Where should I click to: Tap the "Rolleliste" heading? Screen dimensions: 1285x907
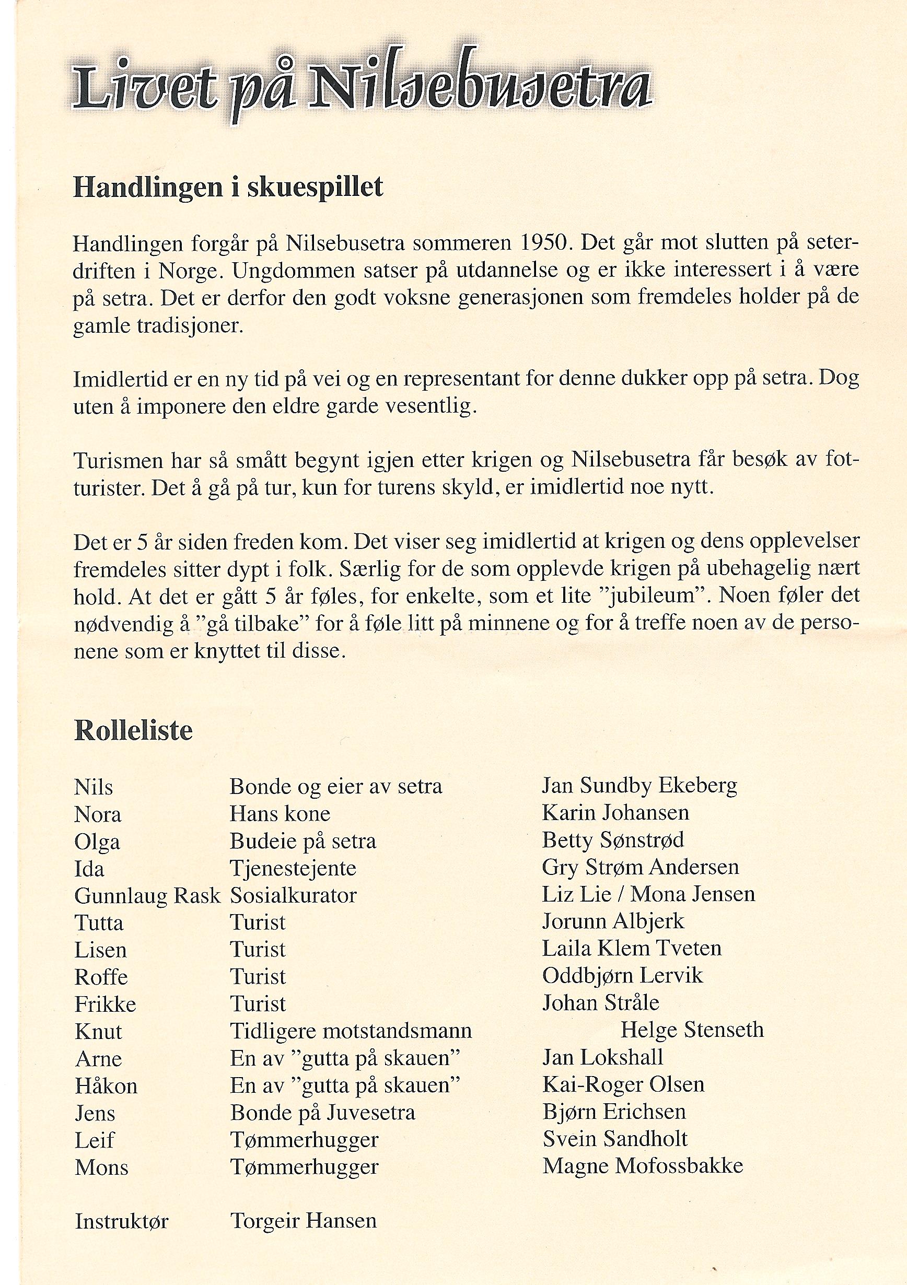pyautogui.click(x=133, y=731)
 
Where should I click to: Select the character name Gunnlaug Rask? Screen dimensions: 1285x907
pyautogui.click(x=147, y=896)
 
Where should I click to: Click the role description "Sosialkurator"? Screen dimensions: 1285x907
pyautogui.click(x=293, y=895)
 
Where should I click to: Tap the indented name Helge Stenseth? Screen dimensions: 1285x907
pyautogui.click(x=692, y=1030)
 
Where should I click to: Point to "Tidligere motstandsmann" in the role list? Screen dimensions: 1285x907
pyautogui.click(x=351, y=1031)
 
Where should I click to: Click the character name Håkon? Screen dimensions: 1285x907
pyautogui.click(x=106, y=1086)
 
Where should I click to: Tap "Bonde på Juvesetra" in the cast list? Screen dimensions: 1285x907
pyautogui.click(x=322, y=1113)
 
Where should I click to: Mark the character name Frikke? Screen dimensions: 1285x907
pyautogui.click(x=105, y=1004)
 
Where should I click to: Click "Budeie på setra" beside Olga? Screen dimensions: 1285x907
pyautogui.click(x=303, y=841)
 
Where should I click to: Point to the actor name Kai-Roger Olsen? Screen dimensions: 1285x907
pyautogui.click(x=623, y=1084)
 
